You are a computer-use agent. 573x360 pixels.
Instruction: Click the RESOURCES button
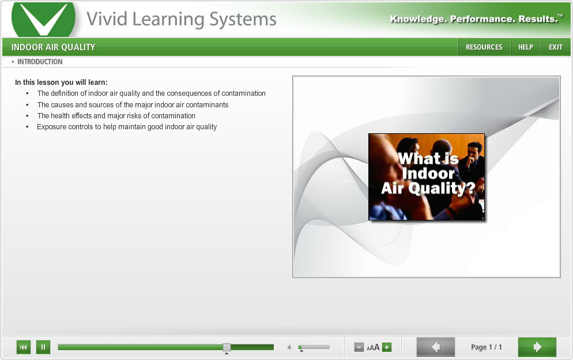point(484,47)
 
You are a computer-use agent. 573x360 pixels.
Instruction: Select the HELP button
point(526,47)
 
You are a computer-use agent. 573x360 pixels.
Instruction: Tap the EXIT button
point(556,47)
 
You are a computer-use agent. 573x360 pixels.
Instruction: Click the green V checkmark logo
point(43,18)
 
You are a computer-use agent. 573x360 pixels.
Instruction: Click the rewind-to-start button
point(24,347)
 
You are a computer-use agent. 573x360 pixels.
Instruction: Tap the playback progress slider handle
point(227,347)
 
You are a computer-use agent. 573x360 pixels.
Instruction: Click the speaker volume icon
point(290,347)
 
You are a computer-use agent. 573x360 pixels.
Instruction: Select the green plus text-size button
point(387,347)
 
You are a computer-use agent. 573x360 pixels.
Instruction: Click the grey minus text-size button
point(359,347)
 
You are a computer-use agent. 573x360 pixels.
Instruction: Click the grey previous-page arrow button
point(436,347)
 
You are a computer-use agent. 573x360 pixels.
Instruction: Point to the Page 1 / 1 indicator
point(486,347)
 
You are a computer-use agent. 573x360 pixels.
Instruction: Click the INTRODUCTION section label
point(40,62)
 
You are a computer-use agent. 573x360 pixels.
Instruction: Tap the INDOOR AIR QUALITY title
point(54,47)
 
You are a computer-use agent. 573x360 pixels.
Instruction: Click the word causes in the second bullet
point(62,105)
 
